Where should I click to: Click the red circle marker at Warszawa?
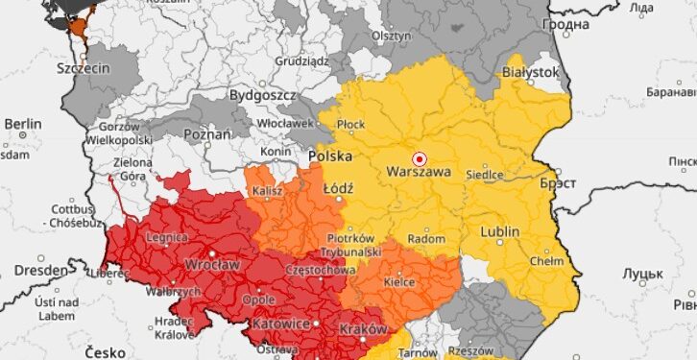(419, 157)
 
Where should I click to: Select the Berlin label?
(23, 124)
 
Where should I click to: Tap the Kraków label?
(364, 329)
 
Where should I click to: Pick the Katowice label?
(282, 324)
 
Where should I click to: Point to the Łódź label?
(339, 188)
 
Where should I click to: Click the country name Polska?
(329, 156)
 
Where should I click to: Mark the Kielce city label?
(399, 283)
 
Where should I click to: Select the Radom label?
(426, 239)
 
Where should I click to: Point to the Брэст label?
(558, 182)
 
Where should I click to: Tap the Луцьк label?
(643, 274)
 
